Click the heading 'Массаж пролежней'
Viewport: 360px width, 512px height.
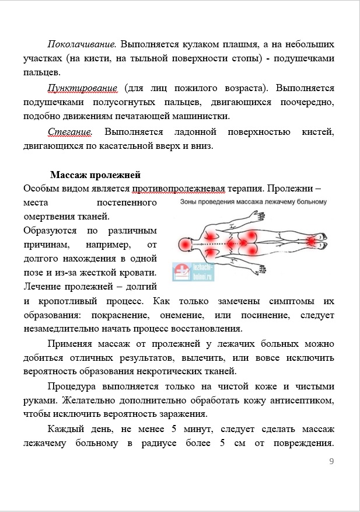pyautogui.click(x=95, y=175)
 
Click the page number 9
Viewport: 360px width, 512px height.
pyautogui.click(x=331, y=462)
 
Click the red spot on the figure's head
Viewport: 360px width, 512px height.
pyautogui.click(x=186, y=243)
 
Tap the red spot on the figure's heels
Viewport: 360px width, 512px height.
pyautogui.click(x=311, y=241)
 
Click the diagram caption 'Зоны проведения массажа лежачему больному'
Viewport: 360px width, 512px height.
pyautogui.click(x=250, y=202)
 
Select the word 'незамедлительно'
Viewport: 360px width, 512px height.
pyautogui.click(x=60, y=329)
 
